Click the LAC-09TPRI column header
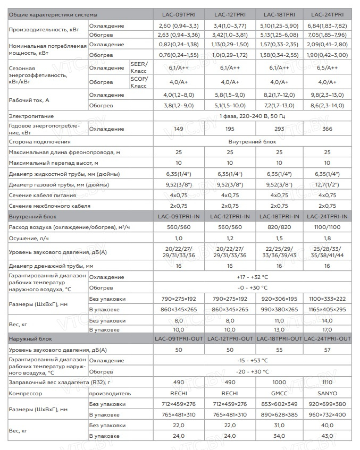click(178, 14)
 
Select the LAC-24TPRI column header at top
click(327, 14)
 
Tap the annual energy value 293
click(279, 129)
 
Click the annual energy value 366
click(327, 129)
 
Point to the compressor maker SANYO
click(327, 394)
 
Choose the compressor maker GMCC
click(279, 394)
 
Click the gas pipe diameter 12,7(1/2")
click(327, 184)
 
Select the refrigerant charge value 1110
click(327, 382)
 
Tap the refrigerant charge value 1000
click(279, 382)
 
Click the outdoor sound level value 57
click(327, 350)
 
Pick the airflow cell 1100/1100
click(327, 227)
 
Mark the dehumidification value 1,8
click(327, 239)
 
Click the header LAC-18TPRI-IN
click(279, 217)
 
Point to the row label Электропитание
click(31, 116)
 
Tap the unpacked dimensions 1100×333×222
click(327, 299)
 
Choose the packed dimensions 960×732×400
click(327, 415)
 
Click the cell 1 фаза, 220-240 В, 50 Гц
click(253, 116)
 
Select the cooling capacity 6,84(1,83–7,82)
click(327, 26)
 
